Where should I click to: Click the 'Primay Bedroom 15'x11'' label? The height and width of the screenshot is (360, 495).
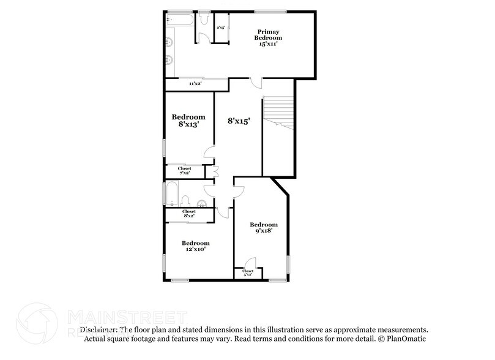tap(269, 37)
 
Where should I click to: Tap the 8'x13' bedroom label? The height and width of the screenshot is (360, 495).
tap(188, 121)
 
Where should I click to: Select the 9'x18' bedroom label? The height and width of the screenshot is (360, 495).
tap(264, 228)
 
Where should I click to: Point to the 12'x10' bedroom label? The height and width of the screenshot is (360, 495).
tap(196, 246)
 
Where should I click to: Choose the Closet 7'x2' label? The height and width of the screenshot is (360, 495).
tap(184, 171)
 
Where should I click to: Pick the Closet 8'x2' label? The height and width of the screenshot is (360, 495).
tap(188, 214)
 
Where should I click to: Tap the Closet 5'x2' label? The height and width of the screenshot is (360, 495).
tap(248, 273)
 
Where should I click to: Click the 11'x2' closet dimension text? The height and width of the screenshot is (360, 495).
tap(195, 83)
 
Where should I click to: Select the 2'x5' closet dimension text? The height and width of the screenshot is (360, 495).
tap(221, 28)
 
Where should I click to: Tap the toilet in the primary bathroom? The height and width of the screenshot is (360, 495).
tap(204, 21)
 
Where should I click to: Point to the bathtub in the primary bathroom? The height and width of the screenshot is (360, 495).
tap(180, 20)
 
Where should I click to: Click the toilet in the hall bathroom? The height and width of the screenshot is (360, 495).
tap(187, 200)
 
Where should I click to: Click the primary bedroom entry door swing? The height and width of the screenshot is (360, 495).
tap(258, 83)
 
